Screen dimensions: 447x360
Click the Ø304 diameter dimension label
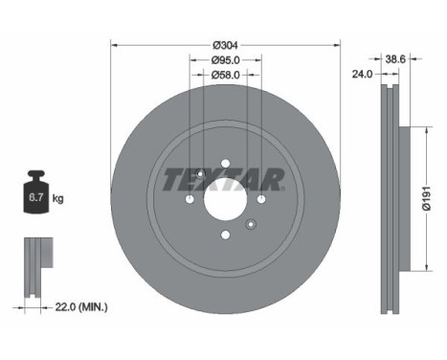225,46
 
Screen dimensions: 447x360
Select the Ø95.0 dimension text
225,59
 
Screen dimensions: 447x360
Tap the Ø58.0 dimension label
225,75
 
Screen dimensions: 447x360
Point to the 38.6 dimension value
395,59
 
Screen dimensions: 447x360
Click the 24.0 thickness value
362,75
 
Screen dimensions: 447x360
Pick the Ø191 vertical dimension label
426,198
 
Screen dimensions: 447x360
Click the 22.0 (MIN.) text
81,307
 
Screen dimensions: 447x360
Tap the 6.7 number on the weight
36,197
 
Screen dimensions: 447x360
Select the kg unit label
57,199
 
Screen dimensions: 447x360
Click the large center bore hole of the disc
226,199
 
